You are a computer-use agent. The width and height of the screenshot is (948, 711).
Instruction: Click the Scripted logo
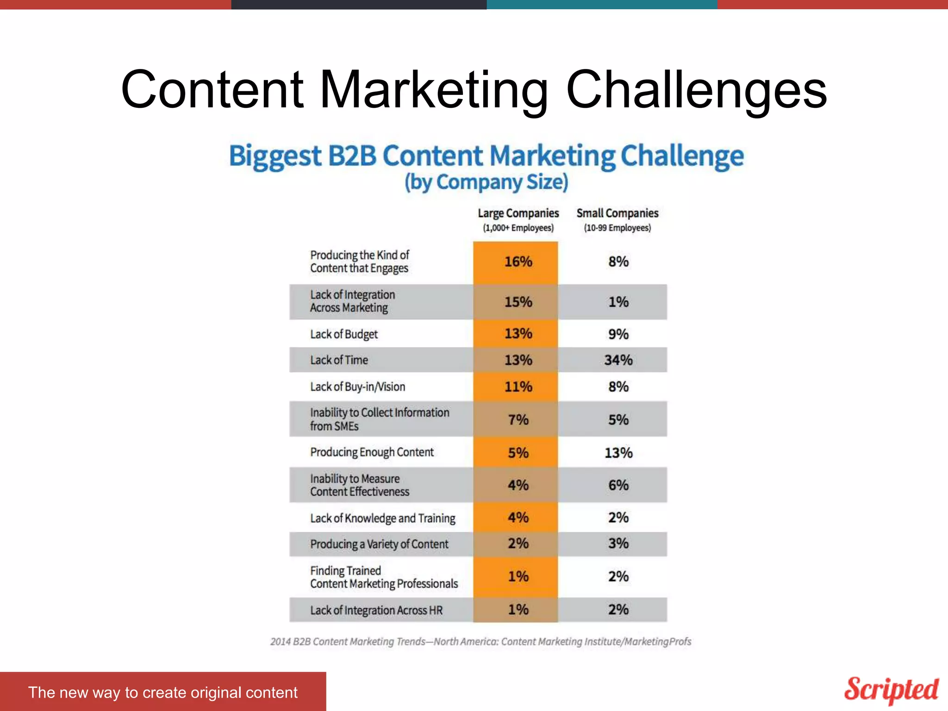pos(891,690)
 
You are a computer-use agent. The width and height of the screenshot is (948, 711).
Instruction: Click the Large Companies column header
pos(518,219)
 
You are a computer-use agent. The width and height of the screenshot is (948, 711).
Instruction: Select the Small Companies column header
pos(617,219)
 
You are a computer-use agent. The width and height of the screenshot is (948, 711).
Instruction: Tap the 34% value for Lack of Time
pos(618,360)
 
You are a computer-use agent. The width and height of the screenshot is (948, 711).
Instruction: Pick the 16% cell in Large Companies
pos(518,262)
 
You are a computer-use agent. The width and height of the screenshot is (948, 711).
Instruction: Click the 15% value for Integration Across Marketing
pos(518,302)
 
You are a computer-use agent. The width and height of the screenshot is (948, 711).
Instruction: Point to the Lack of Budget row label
pos(344,334)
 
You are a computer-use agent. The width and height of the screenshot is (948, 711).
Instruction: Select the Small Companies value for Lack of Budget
pos(618,334)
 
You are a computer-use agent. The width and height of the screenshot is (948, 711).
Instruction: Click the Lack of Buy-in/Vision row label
pos(357,387)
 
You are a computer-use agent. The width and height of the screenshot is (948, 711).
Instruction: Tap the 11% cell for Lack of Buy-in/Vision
pos(518,387)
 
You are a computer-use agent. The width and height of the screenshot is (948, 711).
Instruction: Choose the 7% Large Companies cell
pos(518,419)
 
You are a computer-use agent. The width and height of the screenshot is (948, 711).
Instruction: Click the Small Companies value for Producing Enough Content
pos(618,453)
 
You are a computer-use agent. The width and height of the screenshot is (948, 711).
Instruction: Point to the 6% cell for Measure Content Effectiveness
pos(618,485)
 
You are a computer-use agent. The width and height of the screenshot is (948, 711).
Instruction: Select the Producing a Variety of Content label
pos(379,544)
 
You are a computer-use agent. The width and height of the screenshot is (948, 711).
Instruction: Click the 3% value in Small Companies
pos(618,543)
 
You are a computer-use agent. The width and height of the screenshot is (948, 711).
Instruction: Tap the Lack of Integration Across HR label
pos(376,610)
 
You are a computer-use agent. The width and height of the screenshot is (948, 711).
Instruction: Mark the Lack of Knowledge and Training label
pos(383,518)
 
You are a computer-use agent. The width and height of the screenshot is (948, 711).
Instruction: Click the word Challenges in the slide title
pos(696,89)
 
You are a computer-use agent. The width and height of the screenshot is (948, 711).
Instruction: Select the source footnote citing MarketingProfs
pos(480,642)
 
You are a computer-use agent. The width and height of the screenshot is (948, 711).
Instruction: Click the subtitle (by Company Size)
pos(486,182)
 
